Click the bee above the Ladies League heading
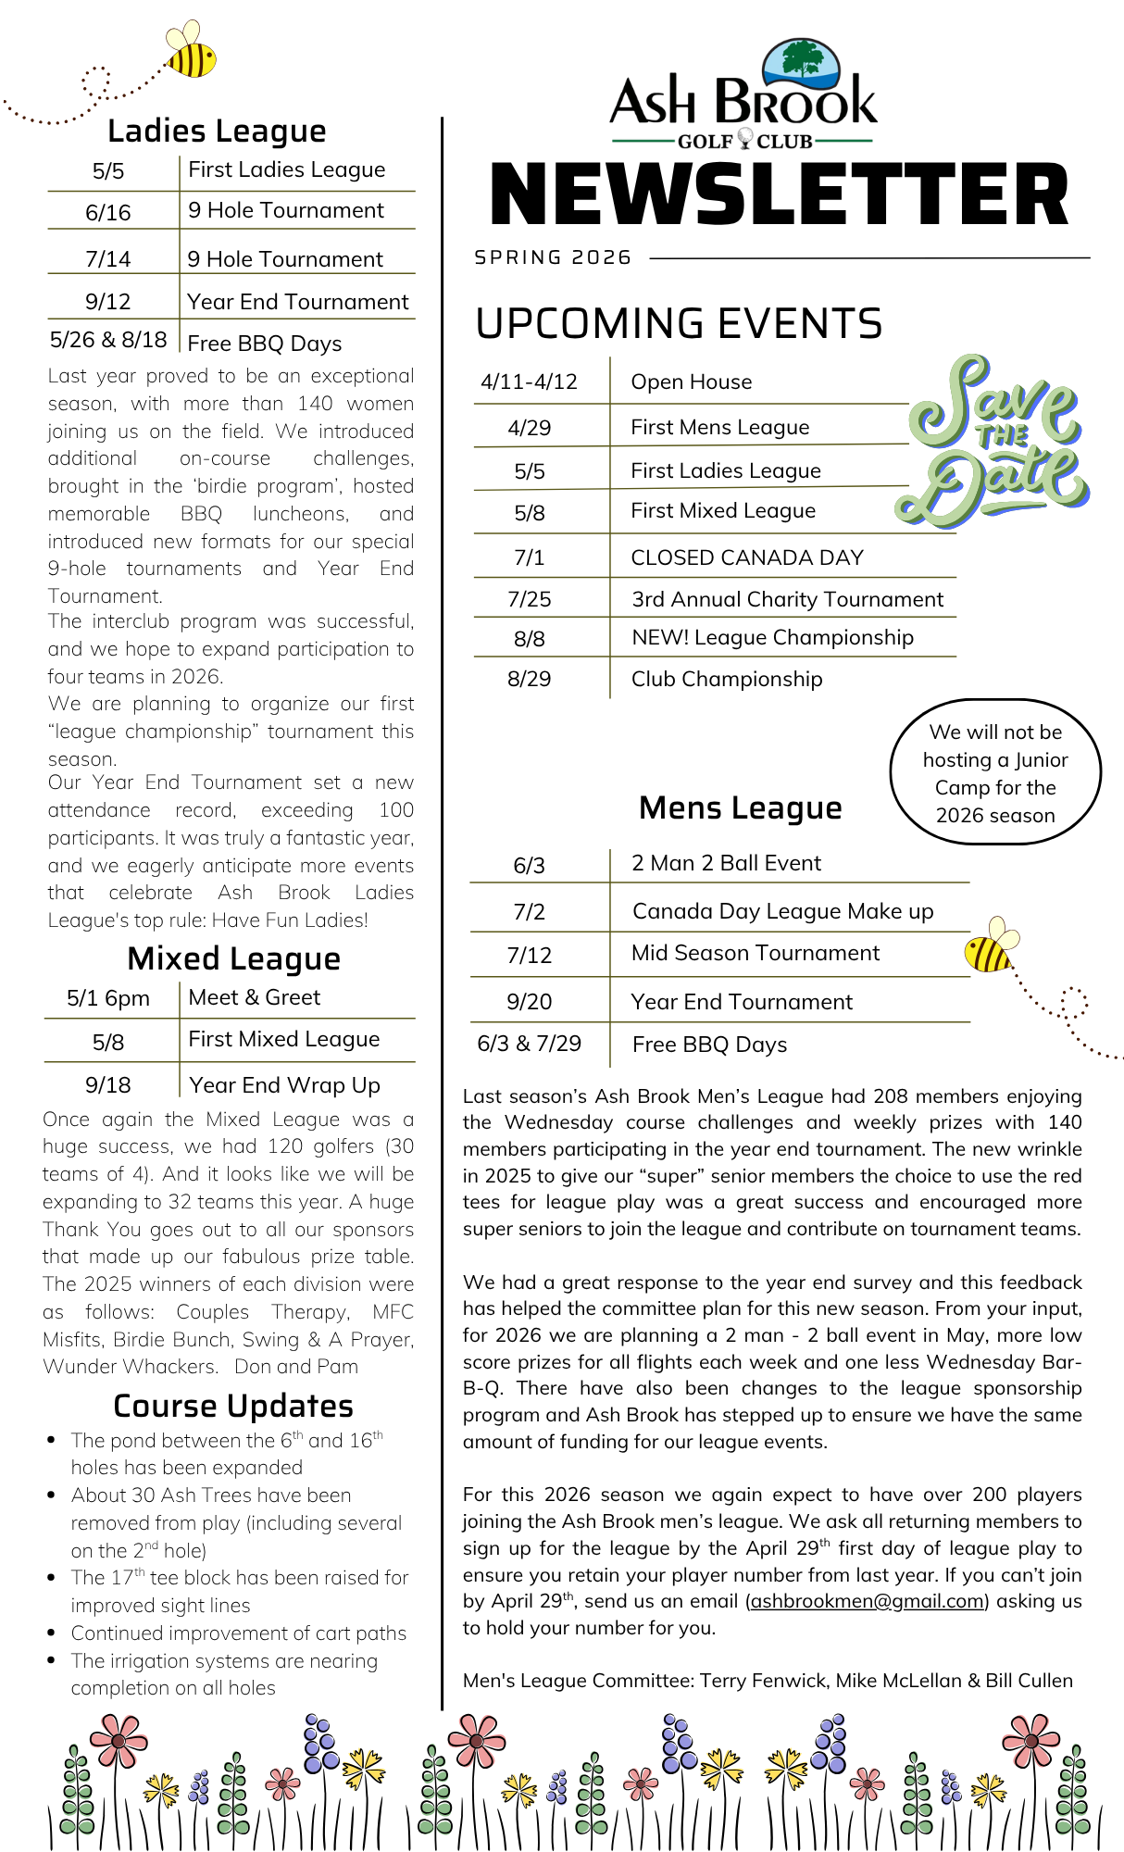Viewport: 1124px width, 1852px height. click(x=192, y=52)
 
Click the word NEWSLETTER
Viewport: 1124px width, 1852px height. click(x=779, y=195)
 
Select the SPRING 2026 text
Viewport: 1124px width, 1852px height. click(x=553, y=257)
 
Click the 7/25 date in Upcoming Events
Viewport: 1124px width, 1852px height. click(x=529, y=599)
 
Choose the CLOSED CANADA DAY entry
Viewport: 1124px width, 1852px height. click(x=746, y=557)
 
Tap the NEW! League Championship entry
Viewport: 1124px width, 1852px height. click(x=772, y=637)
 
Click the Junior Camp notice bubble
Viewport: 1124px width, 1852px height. click(x=995, y=772)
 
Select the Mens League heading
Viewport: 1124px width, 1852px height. click(x=740, y=807)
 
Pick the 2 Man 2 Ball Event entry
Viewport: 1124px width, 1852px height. click(x=726, y=863)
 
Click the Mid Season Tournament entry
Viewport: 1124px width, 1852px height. click(x=755, y=953)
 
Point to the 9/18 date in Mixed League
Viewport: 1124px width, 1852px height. click(x=108, y=1084)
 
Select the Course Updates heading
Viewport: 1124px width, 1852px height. click(x=233, y=1406)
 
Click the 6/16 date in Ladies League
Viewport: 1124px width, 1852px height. click(x=108, y=212)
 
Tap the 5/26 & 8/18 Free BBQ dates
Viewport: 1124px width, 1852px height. click(x=108, y=340)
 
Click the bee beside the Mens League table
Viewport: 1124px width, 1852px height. click(x=990, y=945)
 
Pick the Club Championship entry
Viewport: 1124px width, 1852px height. click(x=726, y=679)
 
